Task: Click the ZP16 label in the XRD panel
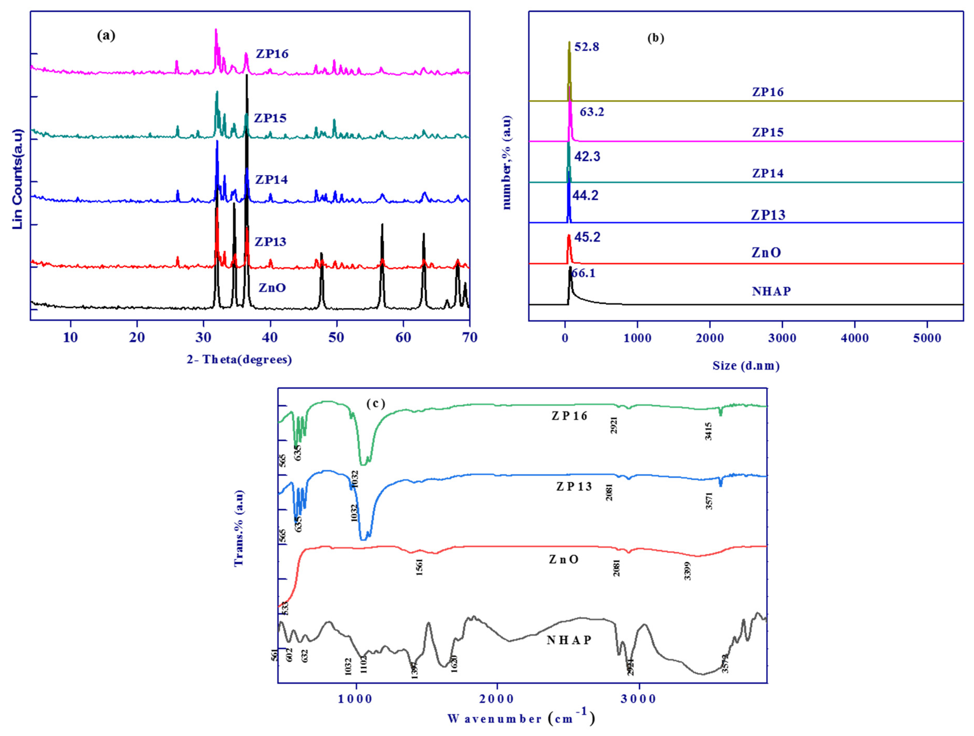(272, 54)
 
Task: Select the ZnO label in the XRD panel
(272, 288)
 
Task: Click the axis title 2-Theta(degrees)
(239, 360)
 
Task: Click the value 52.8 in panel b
(587, 47)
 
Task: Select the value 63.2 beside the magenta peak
(592, 112)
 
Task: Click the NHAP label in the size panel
(771, 291)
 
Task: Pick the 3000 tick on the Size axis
(782, 339)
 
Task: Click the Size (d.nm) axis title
(746, 366)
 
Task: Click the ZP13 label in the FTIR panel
(574, 486)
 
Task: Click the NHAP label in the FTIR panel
(569, 640)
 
